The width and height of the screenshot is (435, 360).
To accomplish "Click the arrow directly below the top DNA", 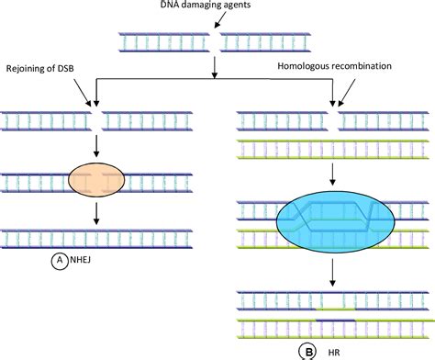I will point(215,66).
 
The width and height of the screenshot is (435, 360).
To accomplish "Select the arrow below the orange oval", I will point(95,210).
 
